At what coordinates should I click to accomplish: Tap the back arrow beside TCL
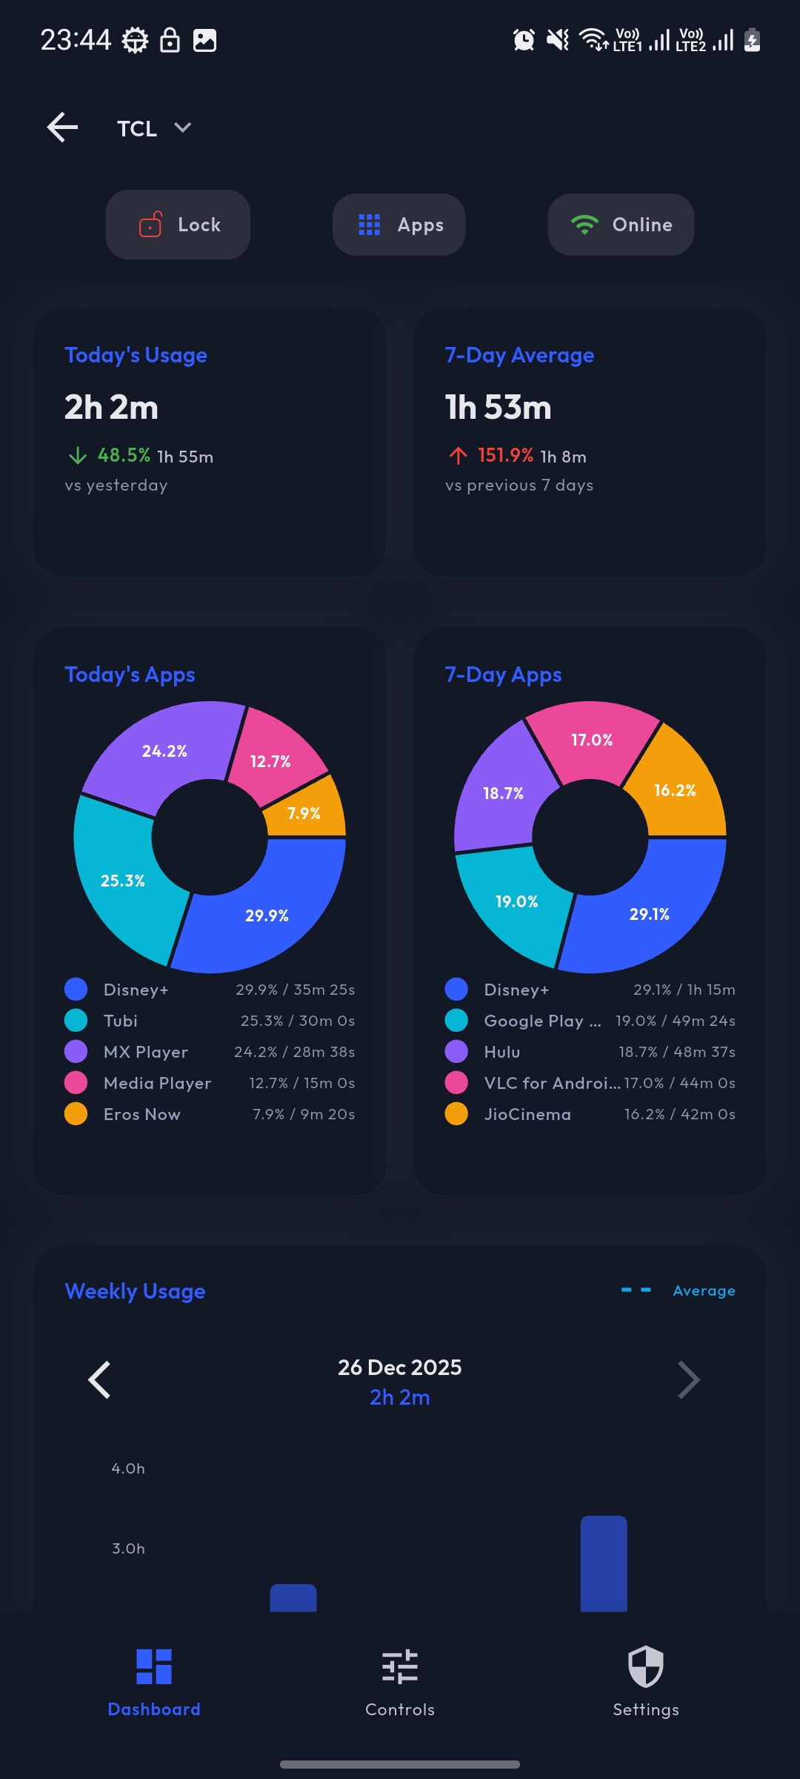click(x=62, y=127)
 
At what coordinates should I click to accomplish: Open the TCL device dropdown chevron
click(x=182, y=127)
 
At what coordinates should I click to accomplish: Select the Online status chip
click(x=621, y=225)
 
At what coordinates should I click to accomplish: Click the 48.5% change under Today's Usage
click(x=124, y=455)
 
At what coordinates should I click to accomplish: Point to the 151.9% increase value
click(x=505, y=455)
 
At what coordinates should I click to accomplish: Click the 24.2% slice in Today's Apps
click(x=164, y=751)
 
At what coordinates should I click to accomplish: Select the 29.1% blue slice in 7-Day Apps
click(x=650, y=914)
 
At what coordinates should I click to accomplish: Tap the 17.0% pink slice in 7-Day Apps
click(x=592, y=740)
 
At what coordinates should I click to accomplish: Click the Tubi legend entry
click(x=121, y=1021)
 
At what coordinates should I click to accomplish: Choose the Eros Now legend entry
click(x=142, y=1114)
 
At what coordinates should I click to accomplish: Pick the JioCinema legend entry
click(x=527, y=1114)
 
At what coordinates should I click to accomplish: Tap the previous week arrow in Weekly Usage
click(x=99, y=1379)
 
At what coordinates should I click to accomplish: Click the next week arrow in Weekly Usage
click(x=689, y=1379)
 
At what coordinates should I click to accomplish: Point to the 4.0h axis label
click(x=128, y=1468)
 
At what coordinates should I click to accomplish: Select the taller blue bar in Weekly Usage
click(x=604, y=1564)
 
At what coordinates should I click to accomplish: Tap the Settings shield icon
click(x=645, y=1666)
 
